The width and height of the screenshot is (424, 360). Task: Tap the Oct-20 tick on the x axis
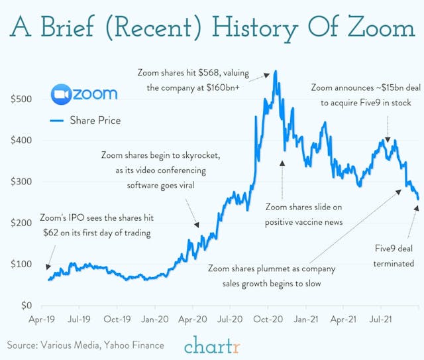coord(270,320)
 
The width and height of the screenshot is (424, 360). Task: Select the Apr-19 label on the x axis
coord(42,320)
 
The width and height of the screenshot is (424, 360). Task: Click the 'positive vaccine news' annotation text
coord(304,221)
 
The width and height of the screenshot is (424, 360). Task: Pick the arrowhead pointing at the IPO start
coord(47,267)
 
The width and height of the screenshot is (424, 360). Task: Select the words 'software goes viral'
coord(161,185)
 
